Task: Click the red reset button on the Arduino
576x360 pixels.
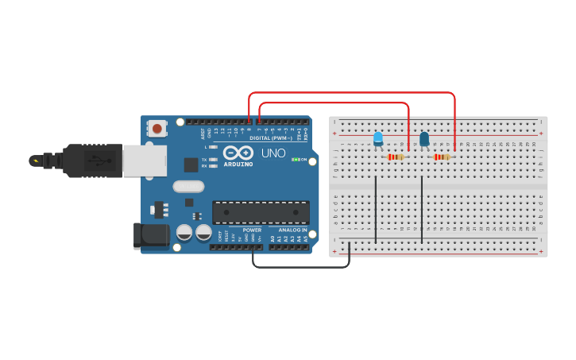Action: pos(157,128)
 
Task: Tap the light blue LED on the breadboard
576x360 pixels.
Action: pos(378,139)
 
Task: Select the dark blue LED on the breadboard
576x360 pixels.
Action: pos(424,139)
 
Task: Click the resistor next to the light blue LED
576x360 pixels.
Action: pos(395,157)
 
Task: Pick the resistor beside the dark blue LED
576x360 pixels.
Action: pos(442,157)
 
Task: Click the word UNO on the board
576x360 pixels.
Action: pos(273,153)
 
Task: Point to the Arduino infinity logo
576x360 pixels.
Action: pos(238,152)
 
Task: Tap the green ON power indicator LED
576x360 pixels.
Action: pos(295,160)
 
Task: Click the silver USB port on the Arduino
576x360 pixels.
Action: pos(145,161)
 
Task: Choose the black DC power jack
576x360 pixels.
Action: pos(152,235)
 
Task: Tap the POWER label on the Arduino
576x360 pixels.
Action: pos(252,230)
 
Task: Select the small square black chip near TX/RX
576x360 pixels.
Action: pos(191,165)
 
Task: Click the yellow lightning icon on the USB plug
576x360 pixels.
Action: pos(35,161)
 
